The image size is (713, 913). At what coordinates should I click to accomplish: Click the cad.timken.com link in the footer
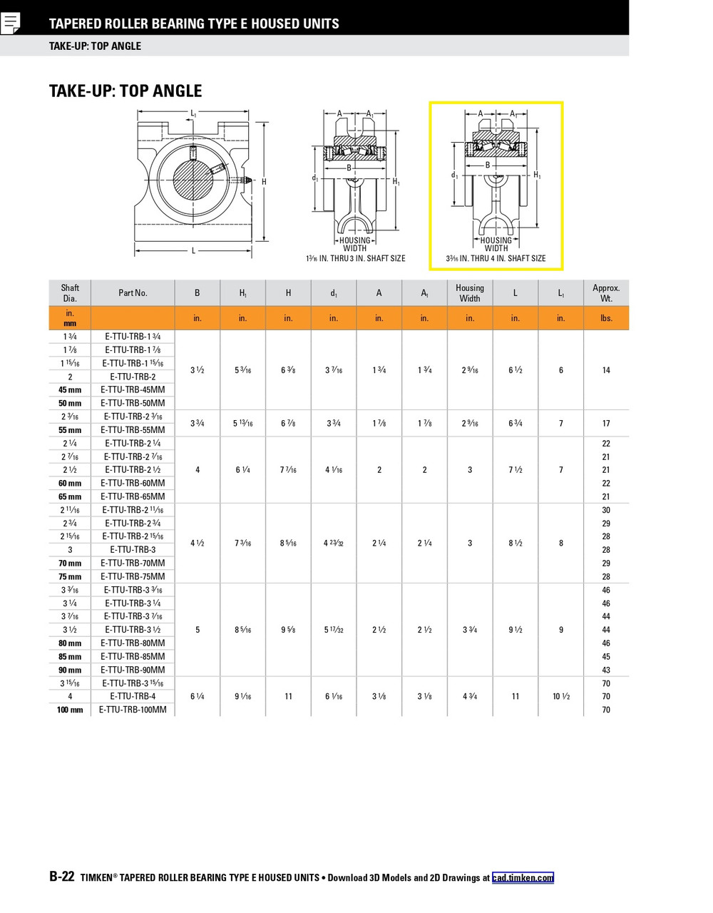coord(522,878)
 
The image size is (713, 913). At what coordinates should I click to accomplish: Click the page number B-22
coord(61,877)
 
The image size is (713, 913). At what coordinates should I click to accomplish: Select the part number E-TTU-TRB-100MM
coord(133,710)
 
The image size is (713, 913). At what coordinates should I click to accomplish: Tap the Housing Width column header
coord(469,293)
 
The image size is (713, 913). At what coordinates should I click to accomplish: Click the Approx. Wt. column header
coord(606,293)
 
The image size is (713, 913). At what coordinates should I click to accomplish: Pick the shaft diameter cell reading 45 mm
coord(70,390)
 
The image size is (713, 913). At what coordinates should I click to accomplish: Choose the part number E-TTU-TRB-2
coord(133,377)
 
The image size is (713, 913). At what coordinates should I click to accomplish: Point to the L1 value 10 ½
coord(560,696)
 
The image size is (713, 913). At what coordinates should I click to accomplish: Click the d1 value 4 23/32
coord(333,544)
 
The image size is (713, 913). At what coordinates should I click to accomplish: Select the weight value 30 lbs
coord(606,510)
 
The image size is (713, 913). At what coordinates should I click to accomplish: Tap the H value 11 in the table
coord(288,696)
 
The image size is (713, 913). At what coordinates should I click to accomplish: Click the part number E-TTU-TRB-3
coord(133,550)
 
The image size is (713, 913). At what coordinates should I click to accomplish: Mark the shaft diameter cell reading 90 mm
coord(70,670)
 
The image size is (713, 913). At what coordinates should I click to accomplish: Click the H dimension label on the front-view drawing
coord(264,182)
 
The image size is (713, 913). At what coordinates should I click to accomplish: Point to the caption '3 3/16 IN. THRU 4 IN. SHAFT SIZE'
coord(496,258)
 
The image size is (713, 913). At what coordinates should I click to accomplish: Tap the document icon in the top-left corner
coord(11,23)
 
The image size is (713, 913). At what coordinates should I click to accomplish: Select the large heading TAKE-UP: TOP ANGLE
coord(125,91)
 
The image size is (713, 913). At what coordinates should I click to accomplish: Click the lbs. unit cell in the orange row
coord(606,318)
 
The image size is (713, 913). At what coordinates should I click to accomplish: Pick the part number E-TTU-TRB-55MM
coord(133,430)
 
